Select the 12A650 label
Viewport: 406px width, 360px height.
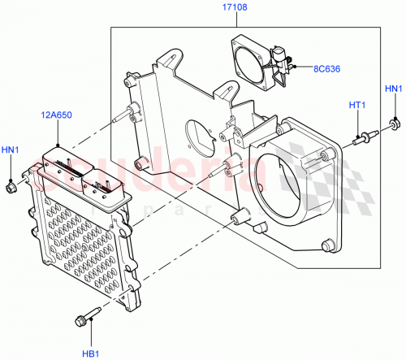point(54,116)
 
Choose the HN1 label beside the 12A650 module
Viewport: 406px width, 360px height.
point(11,150)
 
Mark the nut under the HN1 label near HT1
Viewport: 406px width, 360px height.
point(395,123)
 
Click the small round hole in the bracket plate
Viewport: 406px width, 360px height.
point(199,132)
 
